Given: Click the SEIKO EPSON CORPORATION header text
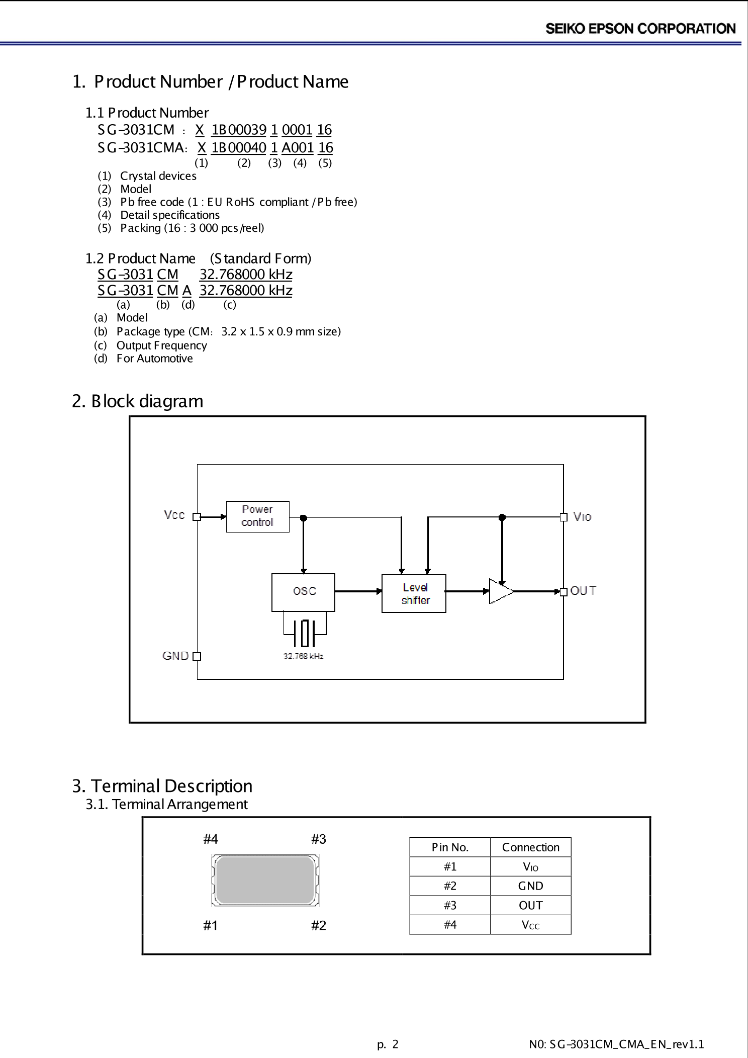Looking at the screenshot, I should pos(640,29).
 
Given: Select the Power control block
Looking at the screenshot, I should pos(257,516).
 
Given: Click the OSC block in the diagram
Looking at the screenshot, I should pos(303,592).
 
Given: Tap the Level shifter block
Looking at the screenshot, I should pos(414,593).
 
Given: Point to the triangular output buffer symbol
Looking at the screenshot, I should pos(500,591).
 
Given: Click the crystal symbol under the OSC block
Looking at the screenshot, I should pos(304,634).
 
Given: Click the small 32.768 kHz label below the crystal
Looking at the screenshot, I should pos(303,656).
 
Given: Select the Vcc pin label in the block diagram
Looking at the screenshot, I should pos(174,515).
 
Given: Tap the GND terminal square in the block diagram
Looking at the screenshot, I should pos(197,656).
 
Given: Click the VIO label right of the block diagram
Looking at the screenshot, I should pos(582,517).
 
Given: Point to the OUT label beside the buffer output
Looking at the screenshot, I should pos(583,591).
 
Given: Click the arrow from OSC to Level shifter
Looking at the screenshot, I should pos(358,591).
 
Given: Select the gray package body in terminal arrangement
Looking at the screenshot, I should pos(265,880).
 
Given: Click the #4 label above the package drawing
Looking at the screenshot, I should pos(211,839).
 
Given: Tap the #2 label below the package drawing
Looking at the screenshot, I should pos(318,925).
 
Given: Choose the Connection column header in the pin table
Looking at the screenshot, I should pos(530,847).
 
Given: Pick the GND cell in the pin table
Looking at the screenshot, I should pos(530,886).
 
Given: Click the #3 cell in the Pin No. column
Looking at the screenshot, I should pos(450,905).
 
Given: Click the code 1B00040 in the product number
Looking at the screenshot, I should pos(238,148).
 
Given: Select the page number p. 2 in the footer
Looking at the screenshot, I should pos(388,1044).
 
